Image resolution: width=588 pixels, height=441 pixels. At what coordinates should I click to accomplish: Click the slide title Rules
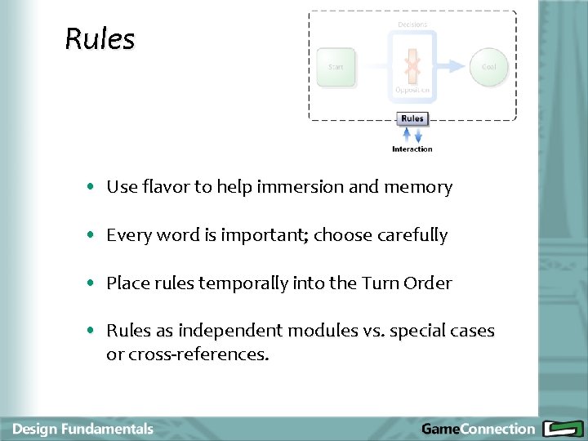pyautogui.click(x=100, y=39)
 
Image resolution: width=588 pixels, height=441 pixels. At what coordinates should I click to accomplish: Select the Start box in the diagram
pyautogui.click(x=336, y=67)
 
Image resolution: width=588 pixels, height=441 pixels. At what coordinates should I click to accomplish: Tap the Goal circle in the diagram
pyautogui.click(x=488, y=67)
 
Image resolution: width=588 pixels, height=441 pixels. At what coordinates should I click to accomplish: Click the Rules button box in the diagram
pyautogui.click(x=412, y=118)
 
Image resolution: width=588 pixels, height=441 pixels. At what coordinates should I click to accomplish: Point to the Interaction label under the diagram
pyautogui.click(x=412, y=149)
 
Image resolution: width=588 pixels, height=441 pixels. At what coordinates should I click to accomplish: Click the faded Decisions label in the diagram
pyautogui.click(x=412, y=24)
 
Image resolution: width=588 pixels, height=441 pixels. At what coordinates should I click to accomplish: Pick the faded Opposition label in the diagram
pyautogui.click(x=412, y=90)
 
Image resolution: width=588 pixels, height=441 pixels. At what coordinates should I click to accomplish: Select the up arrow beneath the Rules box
pyautogui.click(x=407, y=133)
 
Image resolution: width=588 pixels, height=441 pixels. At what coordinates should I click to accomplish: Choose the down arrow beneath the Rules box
pyautogui.click(x=418, y=133)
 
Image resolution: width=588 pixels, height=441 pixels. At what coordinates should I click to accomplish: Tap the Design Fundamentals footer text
pyautogui.click(x=82, y=429)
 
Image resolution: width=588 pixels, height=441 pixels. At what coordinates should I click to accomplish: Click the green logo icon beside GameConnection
pyautogui.click(x=561, y=429)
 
